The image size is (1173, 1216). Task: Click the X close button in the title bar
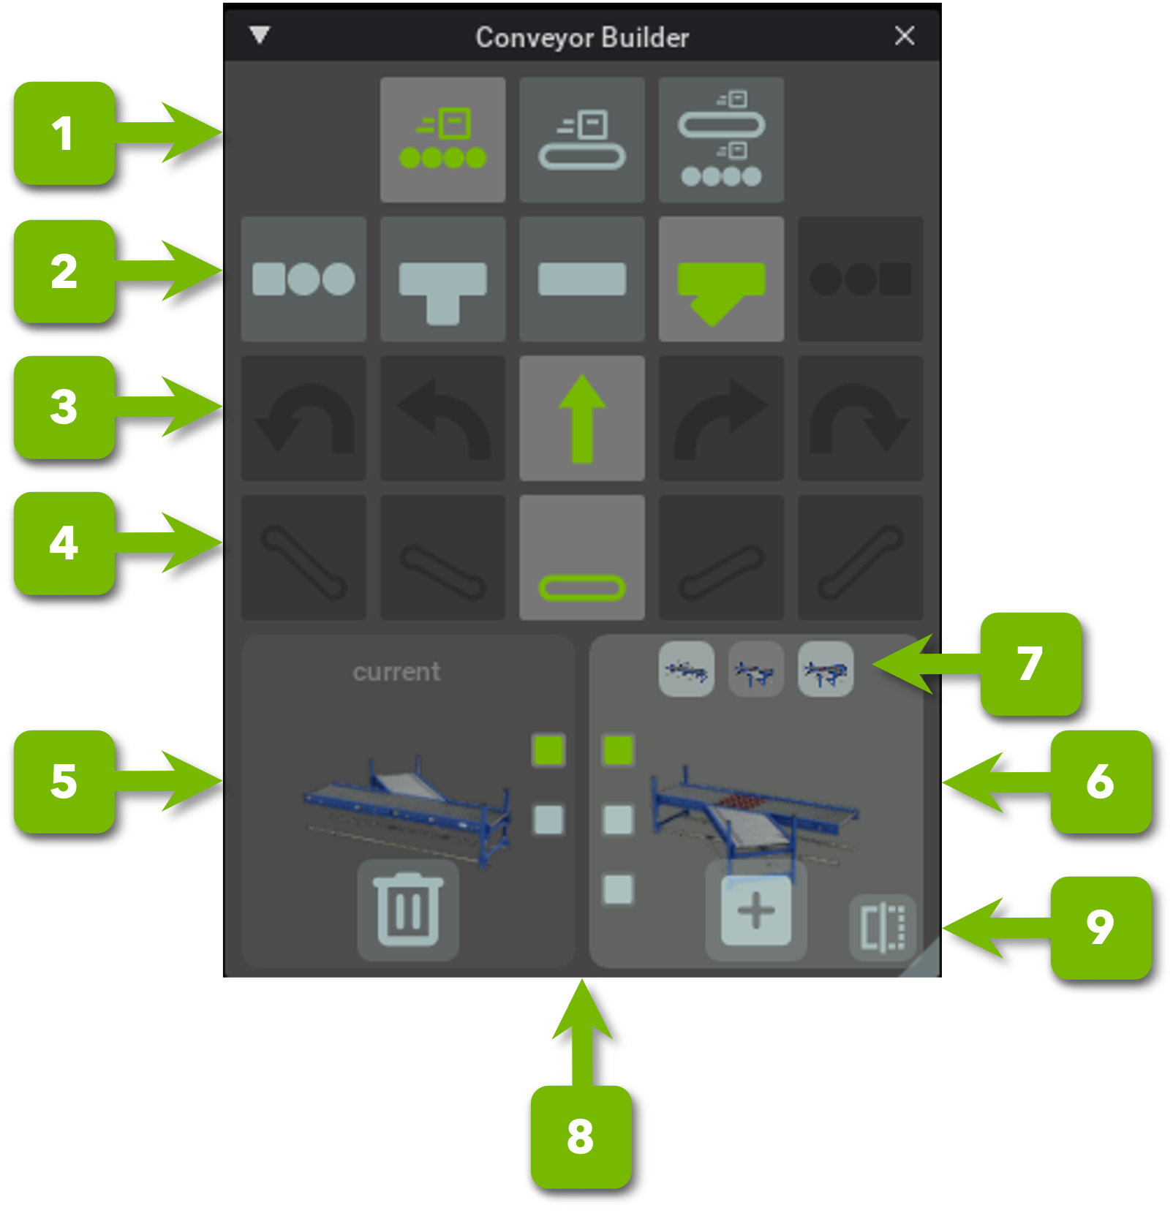[904, 35]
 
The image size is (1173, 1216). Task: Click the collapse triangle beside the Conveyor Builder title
[260, 34]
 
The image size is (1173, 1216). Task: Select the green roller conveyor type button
[442, 140]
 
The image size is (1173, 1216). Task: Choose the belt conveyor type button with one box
[582, 140]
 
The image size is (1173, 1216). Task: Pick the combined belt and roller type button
[721, 140]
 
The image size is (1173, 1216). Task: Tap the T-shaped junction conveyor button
[442, 279]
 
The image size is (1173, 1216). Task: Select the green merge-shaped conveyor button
[721, 279]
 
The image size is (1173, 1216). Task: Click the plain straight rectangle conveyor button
[582, 279]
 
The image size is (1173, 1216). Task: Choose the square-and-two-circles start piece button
[303, 279]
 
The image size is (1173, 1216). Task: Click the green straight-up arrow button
[582, 418]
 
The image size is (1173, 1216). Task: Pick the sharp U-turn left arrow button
[303, 418]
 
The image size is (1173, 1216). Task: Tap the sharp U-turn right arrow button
[860, 418]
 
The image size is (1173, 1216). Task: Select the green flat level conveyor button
[582, 558]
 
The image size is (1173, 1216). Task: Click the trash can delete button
[408, 910]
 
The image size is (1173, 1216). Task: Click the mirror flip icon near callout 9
[883, 926]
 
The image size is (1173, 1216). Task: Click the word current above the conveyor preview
[396, 671]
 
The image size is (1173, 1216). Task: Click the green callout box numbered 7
[1030, 663]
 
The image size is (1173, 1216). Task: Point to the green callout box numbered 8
[581, 1136]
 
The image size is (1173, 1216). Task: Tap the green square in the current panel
[548, 749]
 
